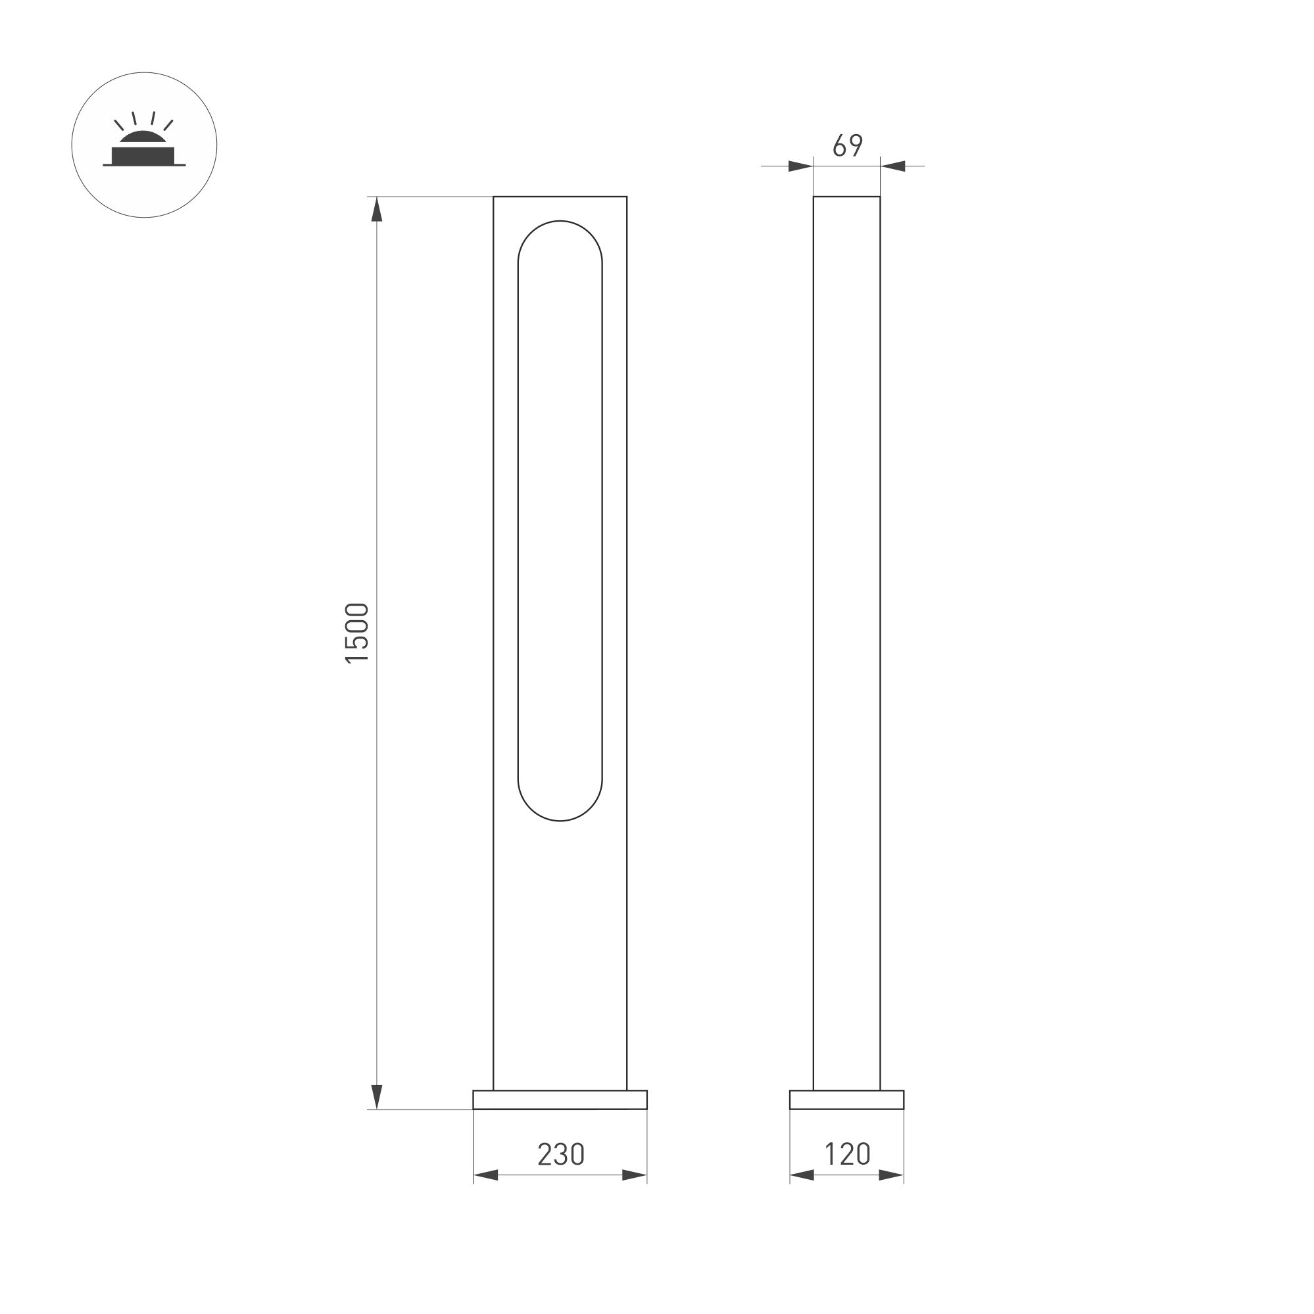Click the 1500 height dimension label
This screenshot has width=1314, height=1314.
[357, 633]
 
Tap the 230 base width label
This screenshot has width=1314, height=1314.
[560, 1154]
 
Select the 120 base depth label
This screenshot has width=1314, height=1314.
[847, 1154]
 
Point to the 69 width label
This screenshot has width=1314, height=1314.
[848, 145]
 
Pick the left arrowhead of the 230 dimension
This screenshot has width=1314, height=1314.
[485, 1175]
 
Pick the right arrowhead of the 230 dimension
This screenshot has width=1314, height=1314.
[635, 1175]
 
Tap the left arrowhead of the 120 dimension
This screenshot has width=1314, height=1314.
[802, 1175]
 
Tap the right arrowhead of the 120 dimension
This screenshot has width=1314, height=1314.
[892, 1175]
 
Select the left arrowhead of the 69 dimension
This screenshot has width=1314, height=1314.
[800, 166]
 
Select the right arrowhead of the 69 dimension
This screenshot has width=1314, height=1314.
[893, 166]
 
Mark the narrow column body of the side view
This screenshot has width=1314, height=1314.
[847, 612]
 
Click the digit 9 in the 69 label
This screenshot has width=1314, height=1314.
[856, 145]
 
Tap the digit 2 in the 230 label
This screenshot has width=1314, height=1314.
[545, 1154]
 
